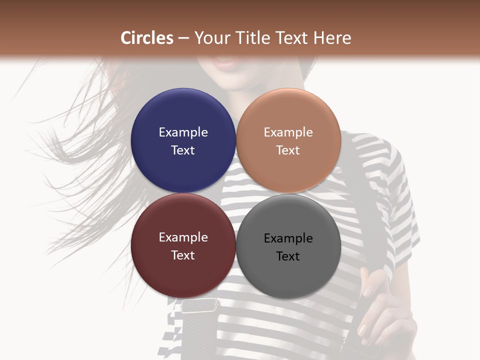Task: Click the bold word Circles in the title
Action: (x=147, y=38)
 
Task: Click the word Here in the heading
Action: (x=332, y=38)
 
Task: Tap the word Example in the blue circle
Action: (x=183, y=132)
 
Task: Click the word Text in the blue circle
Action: (x=183, y=150)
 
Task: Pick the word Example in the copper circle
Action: (x=288, y=132)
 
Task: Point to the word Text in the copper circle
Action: (x=288, y=150)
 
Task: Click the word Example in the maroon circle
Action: (x=183, y=237)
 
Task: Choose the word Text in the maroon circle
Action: (x=183, y=255)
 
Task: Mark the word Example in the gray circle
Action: (x=288, y=238)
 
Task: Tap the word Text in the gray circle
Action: (x=288, y=256)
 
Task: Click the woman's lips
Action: (x=226, y=63)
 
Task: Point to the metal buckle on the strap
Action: (x=199, y=304)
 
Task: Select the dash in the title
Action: (x=183, y=38)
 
